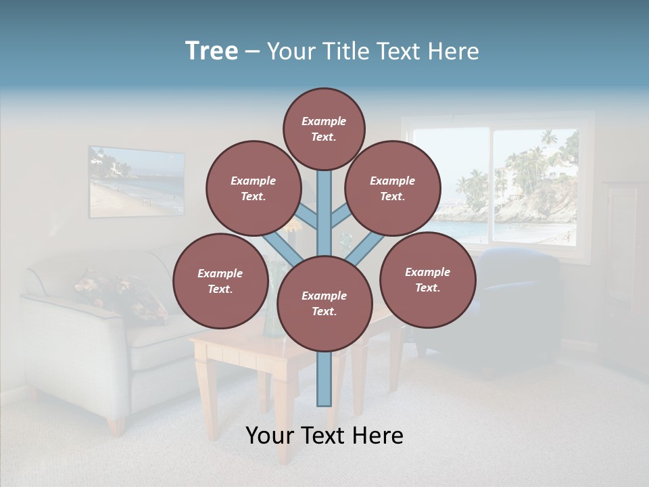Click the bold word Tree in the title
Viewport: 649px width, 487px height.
tap(212, 51)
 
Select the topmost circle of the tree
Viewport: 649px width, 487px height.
tap(324, 129)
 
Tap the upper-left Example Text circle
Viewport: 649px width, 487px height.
tap(254, 188)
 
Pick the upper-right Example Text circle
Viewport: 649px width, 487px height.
tap(393, 188)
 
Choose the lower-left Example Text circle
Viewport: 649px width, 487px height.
tap(220, 281)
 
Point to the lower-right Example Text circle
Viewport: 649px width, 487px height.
tap(427, 279)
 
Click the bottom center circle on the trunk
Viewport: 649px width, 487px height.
tap(324, 303)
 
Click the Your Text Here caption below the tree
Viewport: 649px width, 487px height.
tap(324, 435)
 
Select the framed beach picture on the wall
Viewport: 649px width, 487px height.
tap(136, 181)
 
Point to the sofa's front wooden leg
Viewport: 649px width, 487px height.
tap(116, 424)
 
